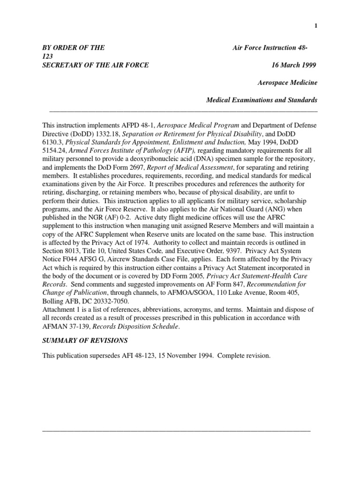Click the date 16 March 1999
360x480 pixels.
point(294,65)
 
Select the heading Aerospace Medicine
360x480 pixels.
point(287,82)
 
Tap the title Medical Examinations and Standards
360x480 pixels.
point(262,100)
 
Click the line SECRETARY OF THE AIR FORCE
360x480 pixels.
point(96,65)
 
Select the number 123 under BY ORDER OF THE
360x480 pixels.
point(48,56)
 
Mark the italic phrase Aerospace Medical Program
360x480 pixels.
point(198,126)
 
